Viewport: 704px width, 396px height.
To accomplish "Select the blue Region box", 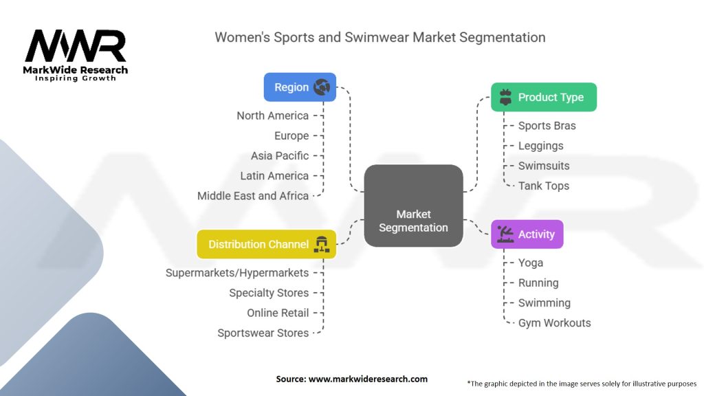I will (x=300, y=87).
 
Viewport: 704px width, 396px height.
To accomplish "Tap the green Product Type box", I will (x=544, y=97).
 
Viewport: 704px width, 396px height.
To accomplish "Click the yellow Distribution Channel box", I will (x=266, y=244).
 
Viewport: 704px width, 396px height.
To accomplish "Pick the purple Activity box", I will (x=527, y=234).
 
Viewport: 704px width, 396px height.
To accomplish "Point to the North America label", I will (x=272, y=115).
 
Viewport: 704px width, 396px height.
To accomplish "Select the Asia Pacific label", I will (x=280, y=155).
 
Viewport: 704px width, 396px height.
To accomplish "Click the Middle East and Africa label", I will (x=253, y=195).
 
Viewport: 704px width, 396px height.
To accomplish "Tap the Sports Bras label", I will (x=547, y=126).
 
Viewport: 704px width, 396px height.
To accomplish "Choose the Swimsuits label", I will (x=544, y=166).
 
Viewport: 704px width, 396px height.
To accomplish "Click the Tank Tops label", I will (x=544, y=186).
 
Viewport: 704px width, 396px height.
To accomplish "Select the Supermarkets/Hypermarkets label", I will (x=237, y=273).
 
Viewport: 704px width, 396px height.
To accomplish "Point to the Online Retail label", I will (x=278, y=313).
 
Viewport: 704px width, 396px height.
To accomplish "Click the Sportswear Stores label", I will (x=263, y=333).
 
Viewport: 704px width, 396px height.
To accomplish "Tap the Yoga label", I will (x=531, y=263).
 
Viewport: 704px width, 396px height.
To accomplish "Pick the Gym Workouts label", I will (x=554, y=322).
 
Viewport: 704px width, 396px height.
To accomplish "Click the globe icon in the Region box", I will (x=321, y=87).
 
